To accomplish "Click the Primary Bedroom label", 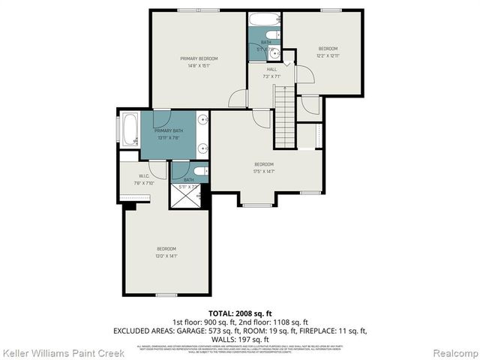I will pyautogui.click(x=199, y=58).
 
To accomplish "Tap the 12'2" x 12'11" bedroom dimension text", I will pyautogui.click(x=327, y=55).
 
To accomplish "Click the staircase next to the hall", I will pyautogui.click(x=284, y=115).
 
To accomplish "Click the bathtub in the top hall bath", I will pyautogui.click(x=265, y=20).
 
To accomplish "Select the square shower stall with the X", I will pyautogui.click(x=187, y=195).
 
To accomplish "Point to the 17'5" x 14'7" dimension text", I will pyautogui.click(x=264, y=171).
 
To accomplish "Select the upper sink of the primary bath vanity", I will pyautogui.click(x=202, y=120).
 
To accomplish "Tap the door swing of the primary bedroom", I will pyautogui.click(x=238, y=99).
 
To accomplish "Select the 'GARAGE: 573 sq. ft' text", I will pyautogui.click(x=217, y=330).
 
